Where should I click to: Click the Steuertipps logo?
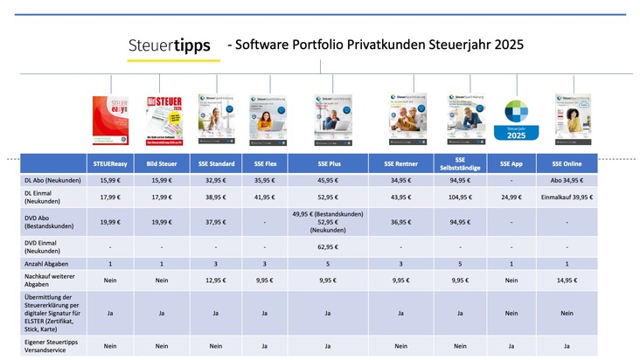[x=169, y=45]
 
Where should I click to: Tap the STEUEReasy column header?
[x=110, y=163]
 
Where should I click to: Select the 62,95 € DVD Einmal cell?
[x=333, y=246]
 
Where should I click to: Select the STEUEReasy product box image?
[x=111, y=120]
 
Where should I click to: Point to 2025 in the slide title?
[x=505, y=45]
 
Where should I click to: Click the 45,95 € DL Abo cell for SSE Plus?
[x=333, y=179]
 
